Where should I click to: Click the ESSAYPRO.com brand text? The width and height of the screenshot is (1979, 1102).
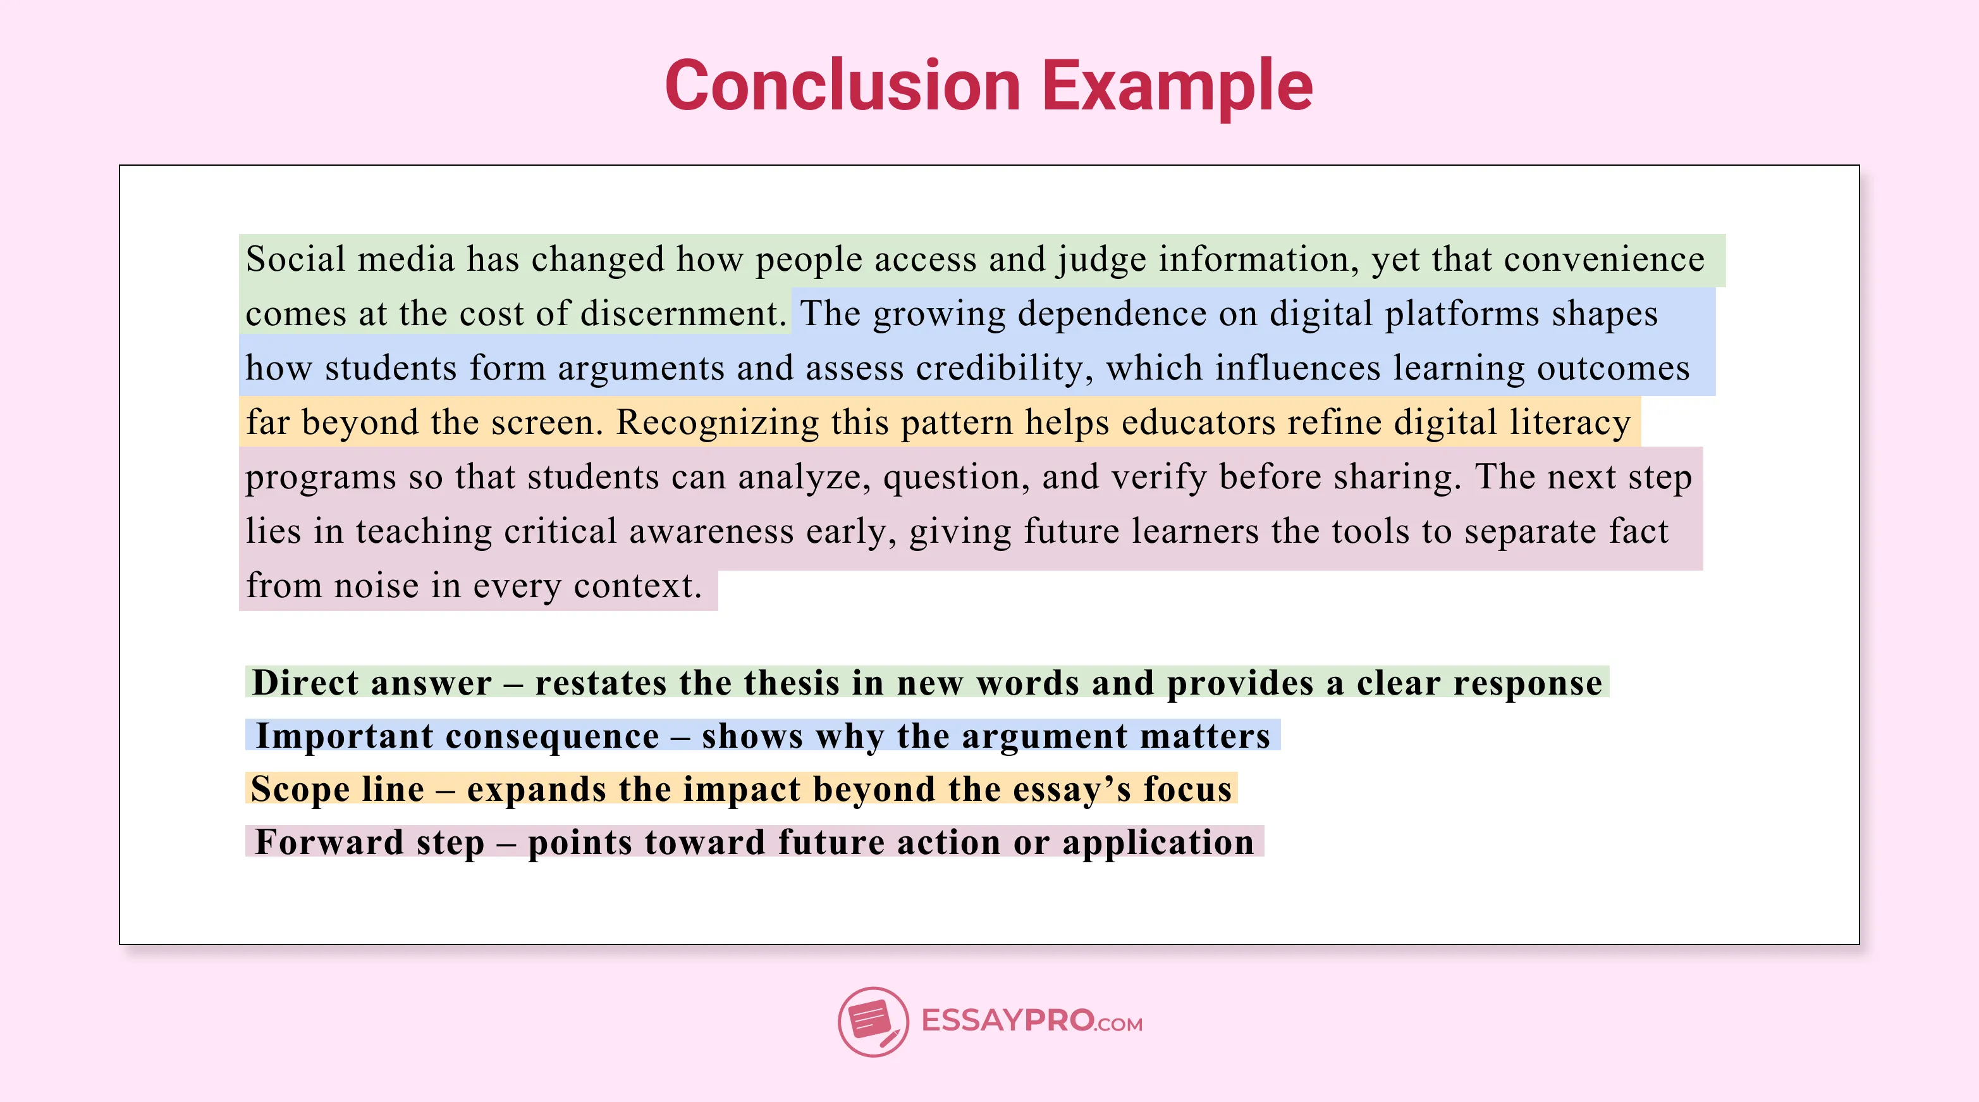1031,1021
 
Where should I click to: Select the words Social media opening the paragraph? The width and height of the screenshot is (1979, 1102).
350,259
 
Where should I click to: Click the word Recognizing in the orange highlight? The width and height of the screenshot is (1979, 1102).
718,423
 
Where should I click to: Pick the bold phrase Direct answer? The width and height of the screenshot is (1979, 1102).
372,683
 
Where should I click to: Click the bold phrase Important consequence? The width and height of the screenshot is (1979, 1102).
457,736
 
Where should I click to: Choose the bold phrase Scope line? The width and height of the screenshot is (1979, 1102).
337,788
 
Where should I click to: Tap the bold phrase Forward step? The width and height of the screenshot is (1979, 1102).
369,841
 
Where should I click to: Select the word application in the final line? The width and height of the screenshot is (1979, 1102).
1158,841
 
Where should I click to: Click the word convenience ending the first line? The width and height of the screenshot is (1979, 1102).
1604,259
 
